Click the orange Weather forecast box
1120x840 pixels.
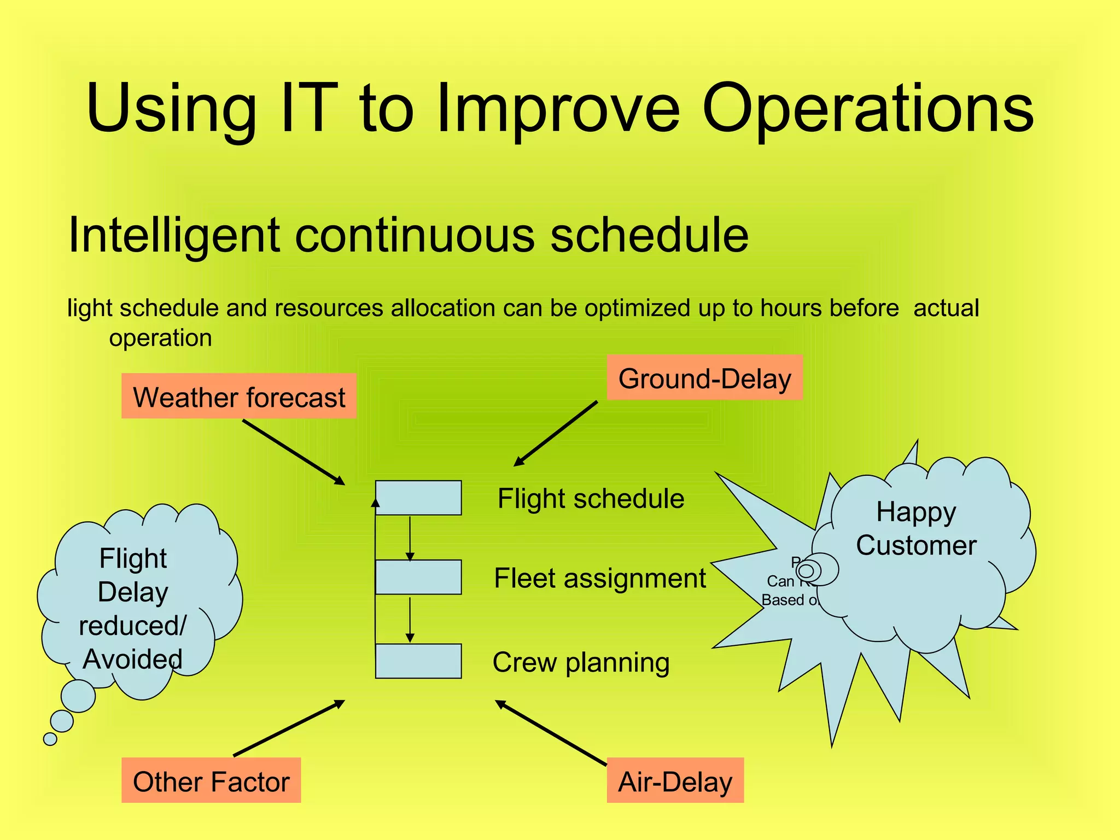239,396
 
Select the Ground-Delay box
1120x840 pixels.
704,378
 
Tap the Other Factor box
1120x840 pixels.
211,780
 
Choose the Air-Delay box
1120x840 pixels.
675,780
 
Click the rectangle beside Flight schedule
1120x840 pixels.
418,498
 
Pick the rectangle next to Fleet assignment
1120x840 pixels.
418,577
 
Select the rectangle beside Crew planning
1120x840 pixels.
418,661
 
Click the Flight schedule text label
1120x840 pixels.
591,499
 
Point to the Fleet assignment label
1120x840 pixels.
599,578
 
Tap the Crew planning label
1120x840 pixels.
581,662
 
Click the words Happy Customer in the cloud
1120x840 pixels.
916,529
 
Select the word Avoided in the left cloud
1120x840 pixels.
132,659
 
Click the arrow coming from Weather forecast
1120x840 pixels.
293,452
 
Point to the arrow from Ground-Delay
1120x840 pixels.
556,433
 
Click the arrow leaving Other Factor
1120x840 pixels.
289,728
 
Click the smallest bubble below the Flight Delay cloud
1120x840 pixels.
50,739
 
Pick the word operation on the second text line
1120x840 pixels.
160,338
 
